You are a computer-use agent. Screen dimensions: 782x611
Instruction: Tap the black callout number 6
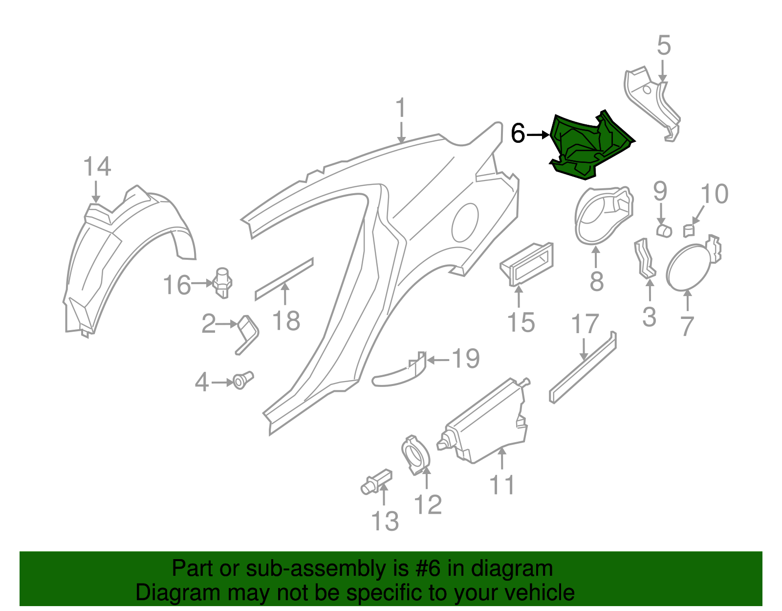pyautogui.click(x=518, y=134)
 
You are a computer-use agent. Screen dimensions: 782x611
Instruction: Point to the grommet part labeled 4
pyautogui.click(x=242, y=380)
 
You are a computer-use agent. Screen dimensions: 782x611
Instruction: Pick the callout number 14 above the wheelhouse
pyautogui.click(x=97, y=167)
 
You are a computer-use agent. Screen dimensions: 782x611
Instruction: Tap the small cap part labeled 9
pyautogui.click(x=664, y=230)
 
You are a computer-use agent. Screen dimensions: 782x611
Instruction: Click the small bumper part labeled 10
pyautogui.click(x=689, y=230)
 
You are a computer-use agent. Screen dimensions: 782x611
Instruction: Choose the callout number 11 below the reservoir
pyautogui.click(x=502, y=485)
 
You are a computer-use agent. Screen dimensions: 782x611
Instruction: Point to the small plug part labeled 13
pyautogui.click(x=376, y=482)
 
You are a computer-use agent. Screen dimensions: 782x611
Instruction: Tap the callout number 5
pyautogui.click(x=664, y=45)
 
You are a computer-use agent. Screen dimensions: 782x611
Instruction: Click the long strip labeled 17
pyautogui.click(x=583, y=367)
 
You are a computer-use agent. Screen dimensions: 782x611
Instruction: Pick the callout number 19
pyautogui.click(x=465, y=359)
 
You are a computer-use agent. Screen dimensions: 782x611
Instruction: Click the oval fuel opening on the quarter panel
pyautogui.click(x=465, y=223)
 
